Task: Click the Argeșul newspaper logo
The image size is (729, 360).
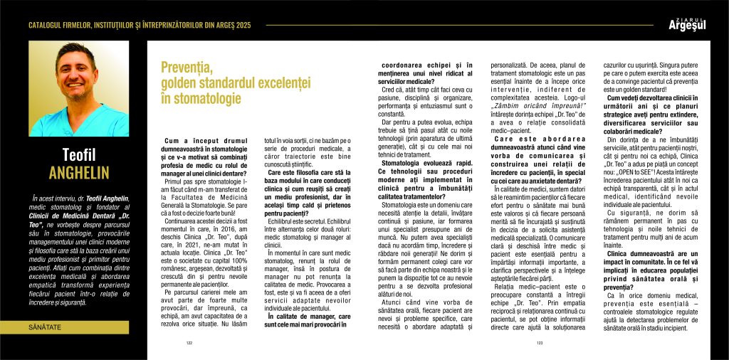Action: coord(689,24)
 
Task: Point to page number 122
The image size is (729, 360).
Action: coord(190,343)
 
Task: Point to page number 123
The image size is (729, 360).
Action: coord(539,343)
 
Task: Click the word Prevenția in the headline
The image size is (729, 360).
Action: coord(187,68)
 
